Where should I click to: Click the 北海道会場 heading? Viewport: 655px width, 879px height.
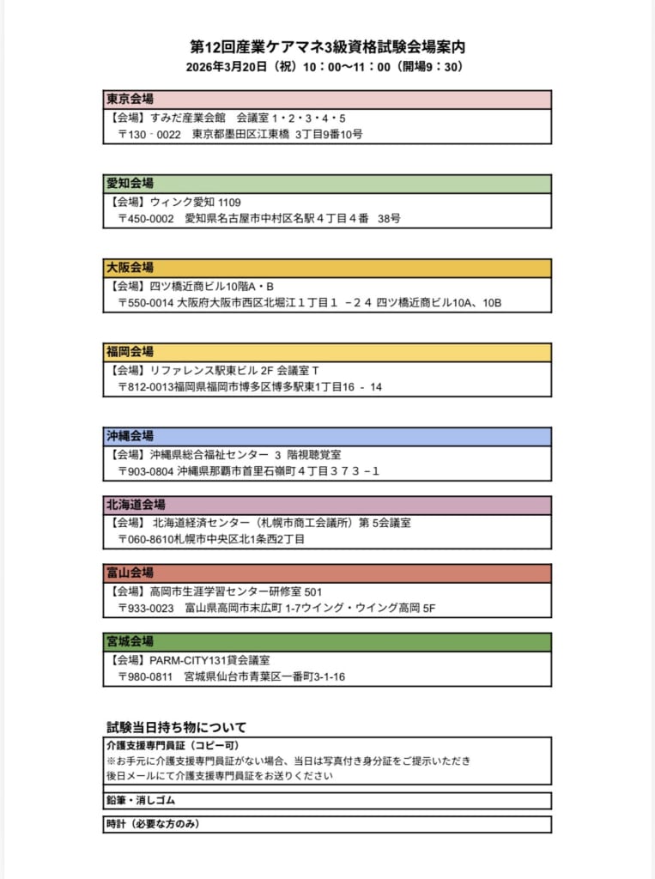(136, 504)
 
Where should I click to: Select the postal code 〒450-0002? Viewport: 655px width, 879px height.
(146, 219)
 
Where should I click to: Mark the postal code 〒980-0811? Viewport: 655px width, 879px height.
(146, 677)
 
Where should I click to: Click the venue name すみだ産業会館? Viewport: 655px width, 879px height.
(187, 118)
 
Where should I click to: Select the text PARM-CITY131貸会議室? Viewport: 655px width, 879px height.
(209, 660)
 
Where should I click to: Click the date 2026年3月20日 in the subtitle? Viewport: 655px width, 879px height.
(226, 66)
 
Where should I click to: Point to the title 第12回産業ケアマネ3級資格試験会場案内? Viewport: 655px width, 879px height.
(327, 46)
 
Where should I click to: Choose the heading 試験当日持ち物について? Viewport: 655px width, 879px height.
(176, 727)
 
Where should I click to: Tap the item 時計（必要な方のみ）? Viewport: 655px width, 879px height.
(153, 824)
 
